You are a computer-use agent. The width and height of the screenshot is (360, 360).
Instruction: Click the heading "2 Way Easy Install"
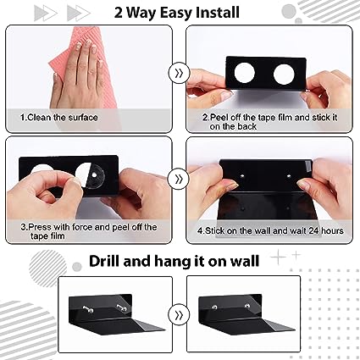tap(177, 13)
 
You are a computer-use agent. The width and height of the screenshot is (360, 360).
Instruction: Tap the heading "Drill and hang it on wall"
tap(174, 261)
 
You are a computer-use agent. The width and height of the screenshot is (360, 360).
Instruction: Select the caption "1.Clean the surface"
tap(58, 117)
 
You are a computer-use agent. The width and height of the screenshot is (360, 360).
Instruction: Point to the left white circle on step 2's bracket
tap(245, 73)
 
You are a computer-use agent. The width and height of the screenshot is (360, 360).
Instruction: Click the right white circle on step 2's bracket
tap(284, 75)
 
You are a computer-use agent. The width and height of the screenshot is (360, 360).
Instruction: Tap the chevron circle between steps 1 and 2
tap(179, 73)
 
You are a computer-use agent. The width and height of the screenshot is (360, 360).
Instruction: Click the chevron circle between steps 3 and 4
tap(179, 179)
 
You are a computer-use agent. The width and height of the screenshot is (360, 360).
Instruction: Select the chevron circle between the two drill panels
tap(179, 315)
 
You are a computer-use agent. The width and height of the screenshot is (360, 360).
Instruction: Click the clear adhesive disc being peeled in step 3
tap(94, 175)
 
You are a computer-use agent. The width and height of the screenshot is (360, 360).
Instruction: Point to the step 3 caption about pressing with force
tap(88, 231)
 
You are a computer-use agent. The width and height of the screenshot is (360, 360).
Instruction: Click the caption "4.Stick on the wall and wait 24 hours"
tap(270, 230)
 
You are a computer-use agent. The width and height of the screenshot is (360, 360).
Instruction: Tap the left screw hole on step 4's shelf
tap(242, 176)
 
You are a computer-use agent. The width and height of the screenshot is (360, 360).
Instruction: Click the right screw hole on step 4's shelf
tap(289, 176)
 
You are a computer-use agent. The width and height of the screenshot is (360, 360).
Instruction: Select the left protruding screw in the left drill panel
tap(87, 308)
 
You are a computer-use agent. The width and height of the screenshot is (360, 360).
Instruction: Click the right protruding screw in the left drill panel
tap(121, 307)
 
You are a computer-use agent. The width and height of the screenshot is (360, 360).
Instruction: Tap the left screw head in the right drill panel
tap(214, 307)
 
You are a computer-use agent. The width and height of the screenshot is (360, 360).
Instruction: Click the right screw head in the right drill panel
tap(247, 306)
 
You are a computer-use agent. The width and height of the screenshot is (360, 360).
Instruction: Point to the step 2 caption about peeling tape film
tap(269, 122)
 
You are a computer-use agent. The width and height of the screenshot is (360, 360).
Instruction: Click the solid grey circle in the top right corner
tap(289, 12)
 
